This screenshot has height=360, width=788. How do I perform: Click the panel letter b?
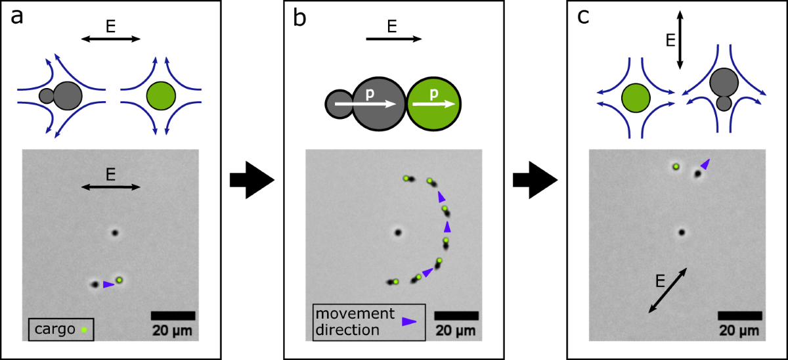[x=299, y=18]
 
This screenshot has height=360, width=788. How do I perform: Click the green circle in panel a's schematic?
[x=161, y=95]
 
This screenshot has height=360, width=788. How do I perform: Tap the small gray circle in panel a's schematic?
[x=46, y=96]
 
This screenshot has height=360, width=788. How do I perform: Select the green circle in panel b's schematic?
[x=434, y=104]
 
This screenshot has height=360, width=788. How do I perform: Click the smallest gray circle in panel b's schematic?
[x=339, y=104]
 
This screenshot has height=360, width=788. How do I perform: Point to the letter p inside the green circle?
[x=434, y=94]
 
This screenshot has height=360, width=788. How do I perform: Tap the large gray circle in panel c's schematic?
[x=724, y=81]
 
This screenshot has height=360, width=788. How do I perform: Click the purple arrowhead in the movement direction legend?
[x=410, y=321]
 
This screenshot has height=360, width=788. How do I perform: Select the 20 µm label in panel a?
[x=173, y=330]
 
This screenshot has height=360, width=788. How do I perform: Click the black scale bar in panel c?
[x=739, y=315]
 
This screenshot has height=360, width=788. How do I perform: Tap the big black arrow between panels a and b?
[x=252, y=180]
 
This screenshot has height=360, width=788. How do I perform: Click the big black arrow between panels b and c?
[x=534, y=180]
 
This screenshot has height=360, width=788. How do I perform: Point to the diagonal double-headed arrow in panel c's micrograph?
[x=668, y=290]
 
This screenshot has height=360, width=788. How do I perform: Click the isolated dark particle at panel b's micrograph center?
[x=397, y=232]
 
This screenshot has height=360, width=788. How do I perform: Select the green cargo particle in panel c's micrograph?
[x=676, y=167]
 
